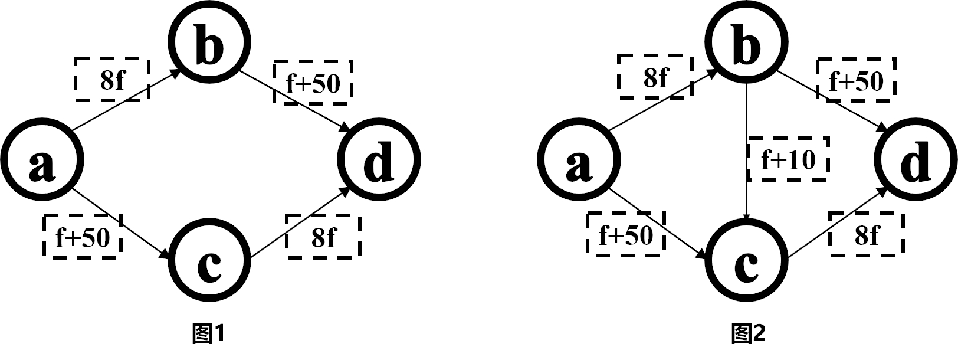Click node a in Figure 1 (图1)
coord(41,160)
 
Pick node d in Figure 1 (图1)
coord(378,160)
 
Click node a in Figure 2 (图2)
coord(579,160)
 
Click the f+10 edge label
coord(788,159)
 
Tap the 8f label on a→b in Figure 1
coord(112,79)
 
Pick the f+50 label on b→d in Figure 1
coord(313,83)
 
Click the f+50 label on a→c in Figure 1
coord(83,237)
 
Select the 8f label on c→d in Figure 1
coord(323,237)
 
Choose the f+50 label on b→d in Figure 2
coord(856,80)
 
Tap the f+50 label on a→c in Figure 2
coord(626,235)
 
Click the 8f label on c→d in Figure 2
coord(867,235)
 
